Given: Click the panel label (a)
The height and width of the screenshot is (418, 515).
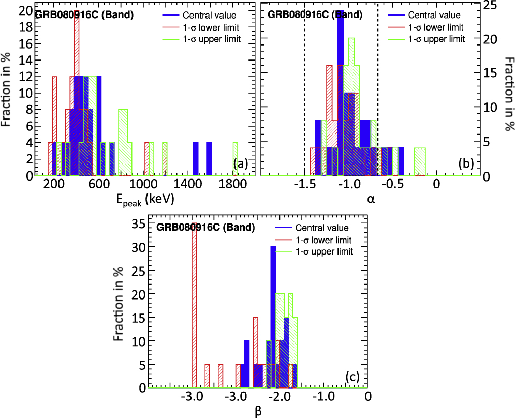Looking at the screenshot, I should tap(241, 165).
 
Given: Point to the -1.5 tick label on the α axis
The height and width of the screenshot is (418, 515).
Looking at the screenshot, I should tap(305, 184).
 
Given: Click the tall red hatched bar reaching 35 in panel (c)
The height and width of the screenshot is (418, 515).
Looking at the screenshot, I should tap(194, 305).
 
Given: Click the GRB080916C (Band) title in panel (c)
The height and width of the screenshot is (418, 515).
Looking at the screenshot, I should tap(206, 227).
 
